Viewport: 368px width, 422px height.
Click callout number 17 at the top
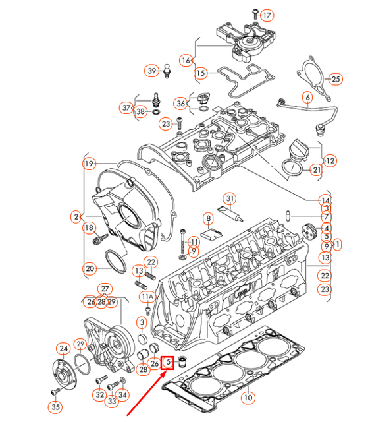coord(266,15)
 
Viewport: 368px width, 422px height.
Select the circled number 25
coord(336,80)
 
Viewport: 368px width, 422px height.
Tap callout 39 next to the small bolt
coord(151,71)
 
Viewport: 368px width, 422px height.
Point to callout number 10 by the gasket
coord(247,398)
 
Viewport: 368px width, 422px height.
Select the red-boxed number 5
coord(168,362)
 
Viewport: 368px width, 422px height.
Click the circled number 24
coord(63,349)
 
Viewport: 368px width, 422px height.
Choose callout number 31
coord(230,198)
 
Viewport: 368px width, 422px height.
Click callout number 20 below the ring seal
coord(90,268)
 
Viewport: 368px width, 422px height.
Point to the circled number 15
coord(201,73)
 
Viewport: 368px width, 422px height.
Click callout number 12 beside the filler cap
coord(329,160)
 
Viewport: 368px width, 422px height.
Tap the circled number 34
coord(123,394)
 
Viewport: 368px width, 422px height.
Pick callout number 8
coord(207,218)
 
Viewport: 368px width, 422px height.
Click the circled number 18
coord(90,228)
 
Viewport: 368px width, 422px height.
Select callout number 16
coord(186,60)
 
